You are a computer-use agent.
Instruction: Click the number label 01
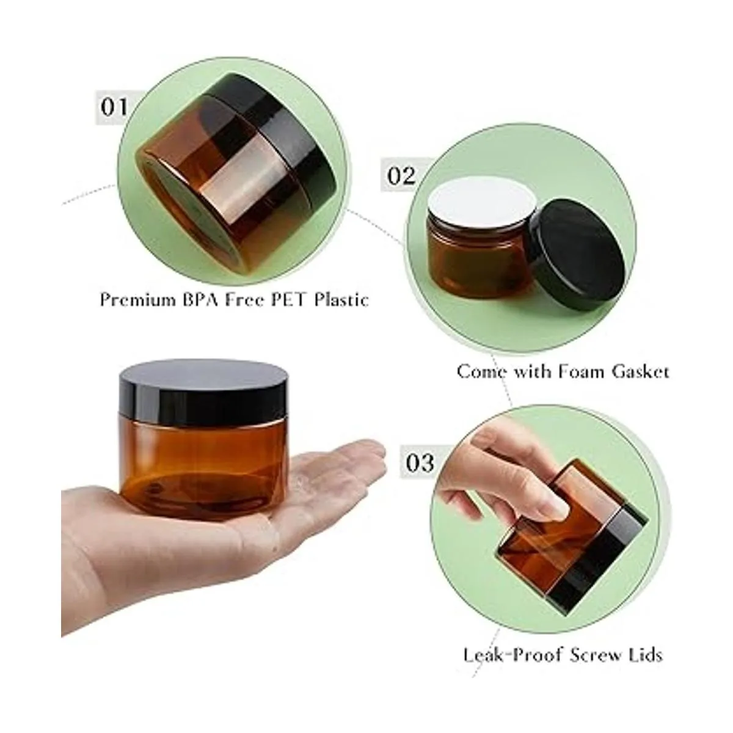(114, 108)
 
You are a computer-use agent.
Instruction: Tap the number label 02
(401, 175)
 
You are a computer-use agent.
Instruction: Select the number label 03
(420, 463)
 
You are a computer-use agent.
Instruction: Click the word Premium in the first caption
(137, 300)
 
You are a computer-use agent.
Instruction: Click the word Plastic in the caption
(341, 300)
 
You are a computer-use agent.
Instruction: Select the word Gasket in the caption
(640, 371)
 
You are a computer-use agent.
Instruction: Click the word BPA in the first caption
(203, 300)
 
